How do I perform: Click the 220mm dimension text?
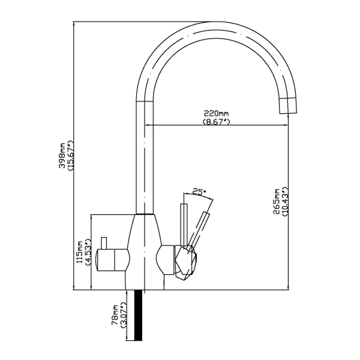pos(216,113)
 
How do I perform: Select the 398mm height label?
pos(62,157)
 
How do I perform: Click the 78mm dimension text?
pos(114,316)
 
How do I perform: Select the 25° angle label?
pos(199,193)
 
